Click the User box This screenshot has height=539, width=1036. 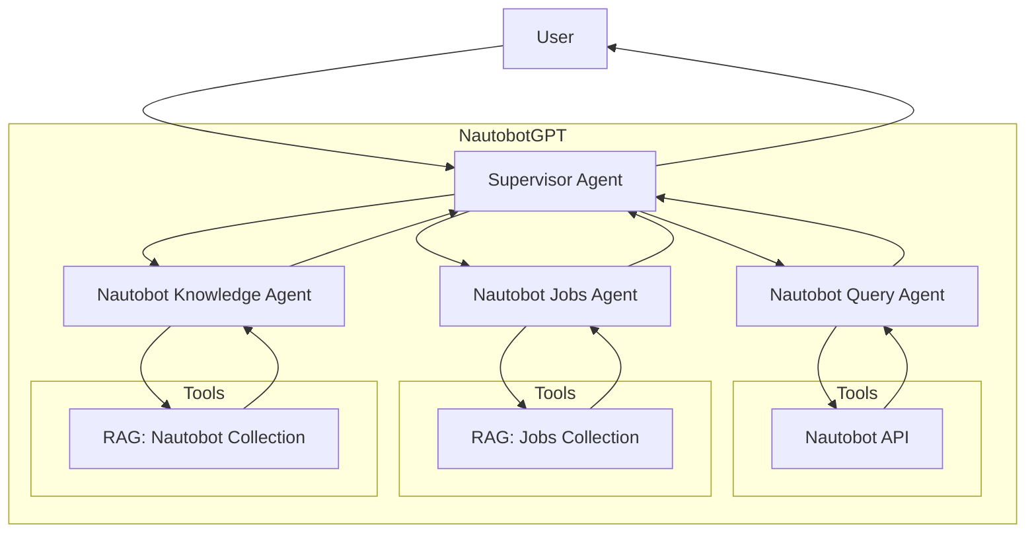click(x=555, y=38)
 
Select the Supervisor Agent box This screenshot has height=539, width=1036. click(x=555, y=181)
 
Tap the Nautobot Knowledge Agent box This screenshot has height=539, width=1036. click(x=203, y=295)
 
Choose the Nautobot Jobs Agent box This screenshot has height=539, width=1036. click(x=555, y=295)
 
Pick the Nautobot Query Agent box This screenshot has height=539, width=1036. click(x=857, y=295)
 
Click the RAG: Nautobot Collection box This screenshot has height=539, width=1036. click(x=203, y=438)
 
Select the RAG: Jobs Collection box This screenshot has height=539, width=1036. click(x=555, y=438)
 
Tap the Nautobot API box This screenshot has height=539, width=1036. click(x=857, y=438)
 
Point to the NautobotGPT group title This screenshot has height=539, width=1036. click(x=512, y=135)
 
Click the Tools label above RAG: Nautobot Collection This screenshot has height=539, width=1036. click(x=203, y=393)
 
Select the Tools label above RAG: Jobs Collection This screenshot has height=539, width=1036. click(x=555, y=393)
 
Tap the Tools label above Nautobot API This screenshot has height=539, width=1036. click(x=857, y=393)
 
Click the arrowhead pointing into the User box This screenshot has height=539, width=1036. click(x=612, y=48)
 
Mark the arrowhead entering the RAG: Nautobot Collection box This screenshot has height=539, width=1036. click(x=166, y=404)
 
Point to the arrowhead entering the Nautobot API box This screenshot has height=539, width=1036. click(x=832, y=404)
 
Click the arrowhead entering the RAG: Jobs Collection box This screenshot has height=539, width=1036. click(x=522, y=404)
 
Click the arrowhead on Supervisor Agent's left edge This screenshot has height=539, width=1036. click(x=450, y=167)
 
